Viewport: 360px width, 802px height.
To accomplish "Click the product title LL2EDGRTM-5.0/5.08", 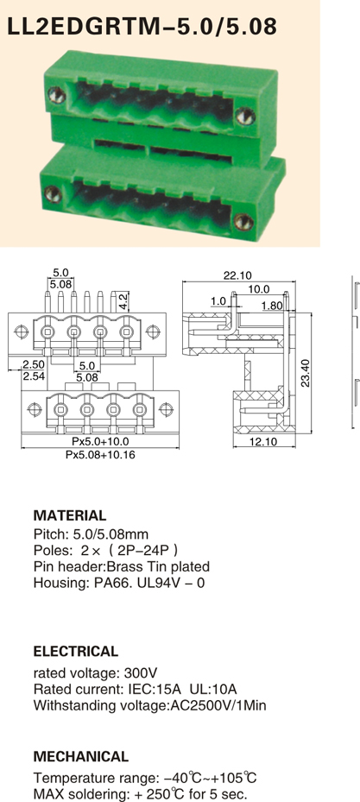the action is tap(142, 26).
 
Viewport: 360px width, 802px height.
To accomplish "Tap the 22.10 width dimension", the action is tap(237, 275).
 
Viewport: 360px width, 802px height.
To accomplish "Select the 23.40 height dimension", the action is tap(305, 373).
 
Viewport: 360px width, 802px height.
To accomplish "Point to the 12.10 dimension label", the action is tap(263, 441).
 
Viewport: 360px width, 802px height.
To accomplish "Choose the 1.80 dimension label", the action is tap(271, 306).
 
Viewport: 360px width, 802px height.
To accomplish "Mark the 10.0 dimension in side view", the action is tap(259, 289).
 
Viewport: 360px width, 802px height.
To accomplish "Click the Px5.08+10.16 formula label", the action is tap(100, 455).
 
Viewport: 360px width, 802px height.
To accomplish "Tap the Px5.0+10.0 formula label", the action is tap(100, 441).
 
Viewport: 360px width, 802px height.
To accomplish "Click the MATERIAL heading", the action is tap(70, 515).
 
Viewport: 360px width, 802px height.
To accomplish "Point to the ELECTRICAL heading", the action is tap(76, 652).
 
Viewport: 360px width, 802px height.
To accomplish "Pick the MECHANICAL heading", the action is tap(81, 756).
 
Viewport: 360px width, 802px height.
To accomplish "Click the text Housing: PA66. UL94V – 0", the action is tap(119, 583).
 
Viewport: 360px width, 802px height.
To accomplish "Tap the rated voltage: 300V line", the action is tap(96, 673).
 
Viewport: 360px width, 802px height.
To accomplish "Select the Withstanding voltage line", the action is tap(150, 706).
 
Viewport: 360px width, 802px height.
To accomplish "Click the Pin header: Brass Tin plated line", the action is tap(122, 566).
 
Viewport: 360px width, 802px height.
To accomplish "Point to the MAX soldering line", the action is tap(140, 795).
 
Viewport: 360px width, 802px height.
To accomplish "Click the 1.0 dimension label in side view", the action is tap(218, 302).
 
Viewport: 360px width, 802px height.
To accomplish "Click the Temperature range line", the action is tap(145, 779).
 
